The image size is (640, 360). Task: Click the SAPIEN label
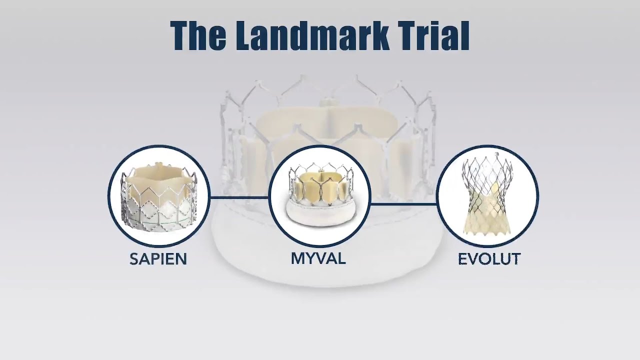tap(158, 259)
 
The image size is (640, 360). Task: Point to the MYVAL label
tap(318, 258)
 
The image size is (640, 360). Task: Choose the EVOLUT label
tap(489, 259)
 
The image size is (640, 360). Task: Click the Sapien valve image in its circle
tap(159, 196)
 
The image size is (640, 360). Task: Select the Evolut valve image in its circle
tap(487, 196)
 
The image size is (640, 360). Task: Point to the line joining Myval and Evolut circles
tap(403, 203)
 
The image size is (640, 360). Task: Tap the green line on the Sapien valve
tap(165, 219)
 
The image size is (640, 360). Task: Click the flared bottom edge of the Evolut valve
tap(488, 231)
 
